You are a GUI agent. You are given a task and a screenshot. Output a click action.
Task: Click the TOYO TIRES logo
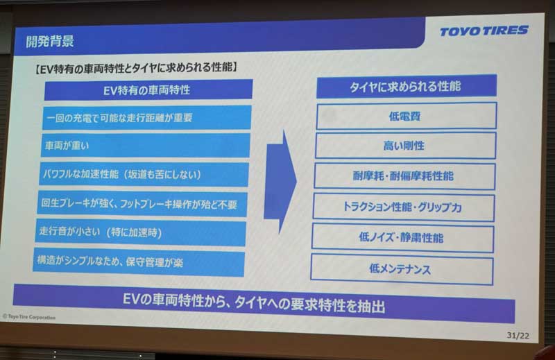(484, 31)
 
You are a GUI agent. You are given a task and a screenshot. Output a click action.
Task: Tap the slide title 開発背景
(50, 42)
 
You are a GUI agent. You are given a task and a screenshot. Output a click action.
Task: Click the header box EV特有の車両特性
(148, 89)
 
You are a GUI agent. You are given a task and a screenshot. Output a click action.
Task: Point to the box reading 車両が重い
(146, 145)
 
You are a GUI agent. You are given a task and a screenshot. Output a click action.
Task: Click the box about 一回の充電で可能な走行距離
(147, 117)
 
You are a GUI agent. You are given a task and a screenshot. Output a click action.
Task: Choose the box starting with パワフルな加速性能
(144, 174)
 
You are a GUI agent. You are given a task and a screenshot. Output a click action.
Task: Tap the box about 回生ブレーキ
(142, 204)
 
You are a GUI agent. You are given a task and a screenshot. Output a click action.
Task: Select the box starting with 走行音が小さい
(141, 232)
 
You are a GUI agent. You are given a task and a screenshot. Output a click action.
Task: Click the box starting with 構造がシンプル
(139, 262)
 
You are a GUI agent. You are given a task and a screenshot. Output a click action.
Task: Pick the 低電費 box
(407, 116)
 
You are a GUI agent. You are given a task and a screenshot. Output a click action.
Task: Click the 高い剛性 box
(405, 146)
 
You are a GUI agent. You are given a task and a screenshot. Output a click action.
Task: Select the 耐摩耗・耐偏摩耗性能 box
(404, 176)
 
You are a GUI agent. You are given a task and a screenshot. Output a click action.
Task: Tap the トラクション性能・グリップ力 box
(404, 207)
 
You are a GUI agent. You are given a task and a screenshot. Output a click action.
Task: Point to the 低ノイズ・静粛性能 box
(402, 237)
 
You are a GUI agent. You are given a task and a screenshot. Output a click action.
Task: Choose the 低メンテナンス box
(402, 269)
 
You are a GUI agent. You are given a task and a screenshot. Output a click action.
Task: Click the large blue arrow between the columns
(280, 181)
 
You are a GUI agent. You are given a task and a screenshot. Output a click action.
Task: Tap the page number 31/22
(518, 335)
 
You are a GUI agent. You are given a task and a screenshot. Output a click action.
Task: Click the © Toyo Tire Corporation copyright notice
(29, 317)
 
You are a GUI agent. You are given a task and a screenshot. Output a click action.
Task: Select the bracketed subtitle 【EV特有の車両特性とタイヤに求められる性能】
(135, 67)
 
